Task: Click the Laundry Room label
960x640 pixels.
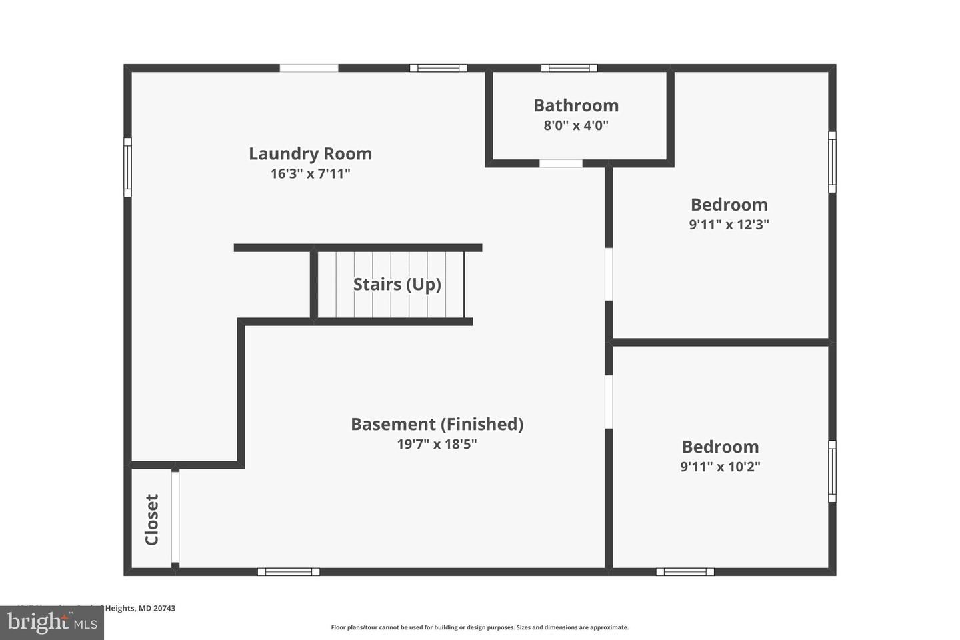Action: coord(310,153)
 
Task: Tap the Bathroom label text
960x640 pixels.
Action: coord(576,105)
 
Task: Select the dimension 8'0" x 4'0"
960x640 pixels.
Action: coord(576,125)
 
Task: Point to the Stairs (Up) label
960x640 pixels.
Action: coord(397,285)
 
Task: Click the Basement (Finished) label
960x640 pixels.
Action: coord(437,424)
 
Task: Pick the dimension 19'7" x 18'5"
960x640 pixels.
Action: coord(437,444)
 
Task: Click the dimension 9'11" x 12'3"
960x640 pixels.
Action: coord(729,225)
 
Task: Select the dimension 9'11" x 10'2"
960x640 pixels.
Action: coord(720,467)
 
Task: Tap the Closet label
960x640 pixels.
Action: coord(152,519)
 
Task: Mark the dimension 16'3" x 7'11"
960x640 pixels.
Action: coord(310,174)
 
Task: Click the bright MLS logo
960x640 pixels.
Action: coord(51,623)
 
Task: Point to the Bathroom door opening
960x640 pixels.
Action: coord(561,163)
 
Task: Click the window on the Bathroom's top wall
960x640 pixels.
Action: coord(569,68)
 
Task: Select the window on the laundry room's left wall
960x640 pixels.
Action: coord(127,167)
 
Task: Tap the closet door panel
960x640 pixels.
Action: coord(175,517)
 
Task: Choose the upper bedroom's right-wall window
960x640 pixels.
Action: coord(832,162)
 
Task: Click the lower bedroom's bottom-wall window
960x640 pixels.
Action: coord(685,571)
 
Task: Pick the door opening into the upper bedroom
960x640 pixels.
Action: coord(609,274)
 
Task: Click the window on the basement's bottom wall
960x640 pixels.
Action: coord(288,571)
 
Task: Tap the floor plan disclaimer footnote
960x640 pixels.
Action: coord(479,627)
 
